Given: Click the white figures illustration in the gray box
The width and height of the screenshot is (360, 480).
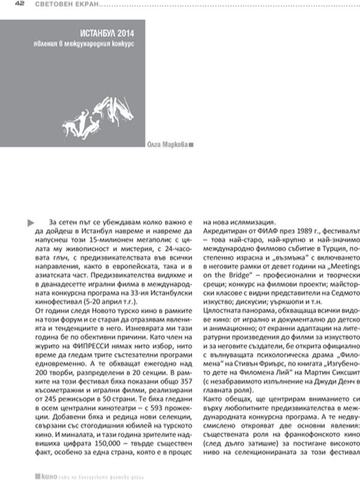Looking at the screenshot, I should click(119, 111).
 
